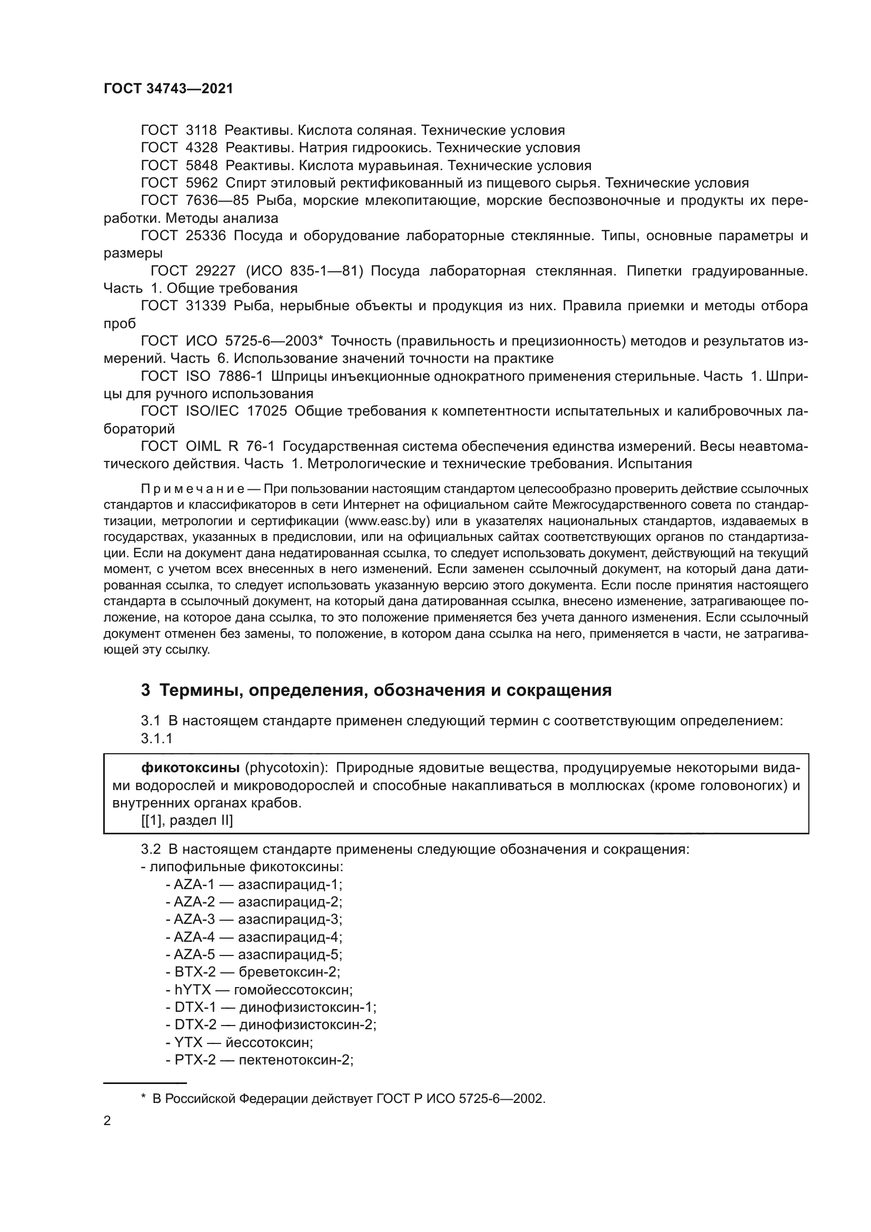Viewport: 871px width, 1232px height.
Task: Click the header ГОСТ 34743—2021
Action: (169, 89)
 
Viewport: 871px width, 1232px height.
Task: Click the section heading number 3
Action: (145, 690)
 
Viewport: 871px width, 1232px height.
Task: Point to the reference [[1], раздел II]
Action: (187, 821)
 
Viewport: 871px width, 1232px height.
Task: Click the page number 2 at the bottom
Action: (107, 1121)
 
